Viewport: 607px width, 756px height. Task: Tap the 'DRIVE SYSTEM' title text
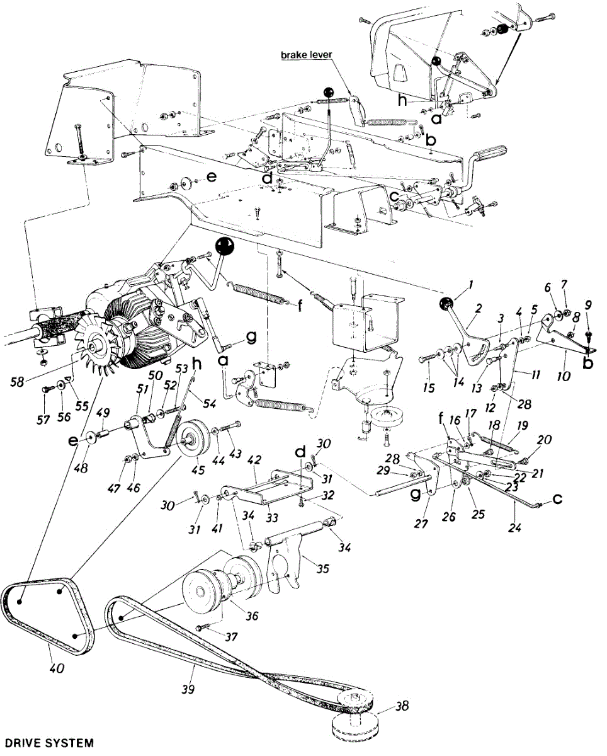(x=47, y=743)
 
